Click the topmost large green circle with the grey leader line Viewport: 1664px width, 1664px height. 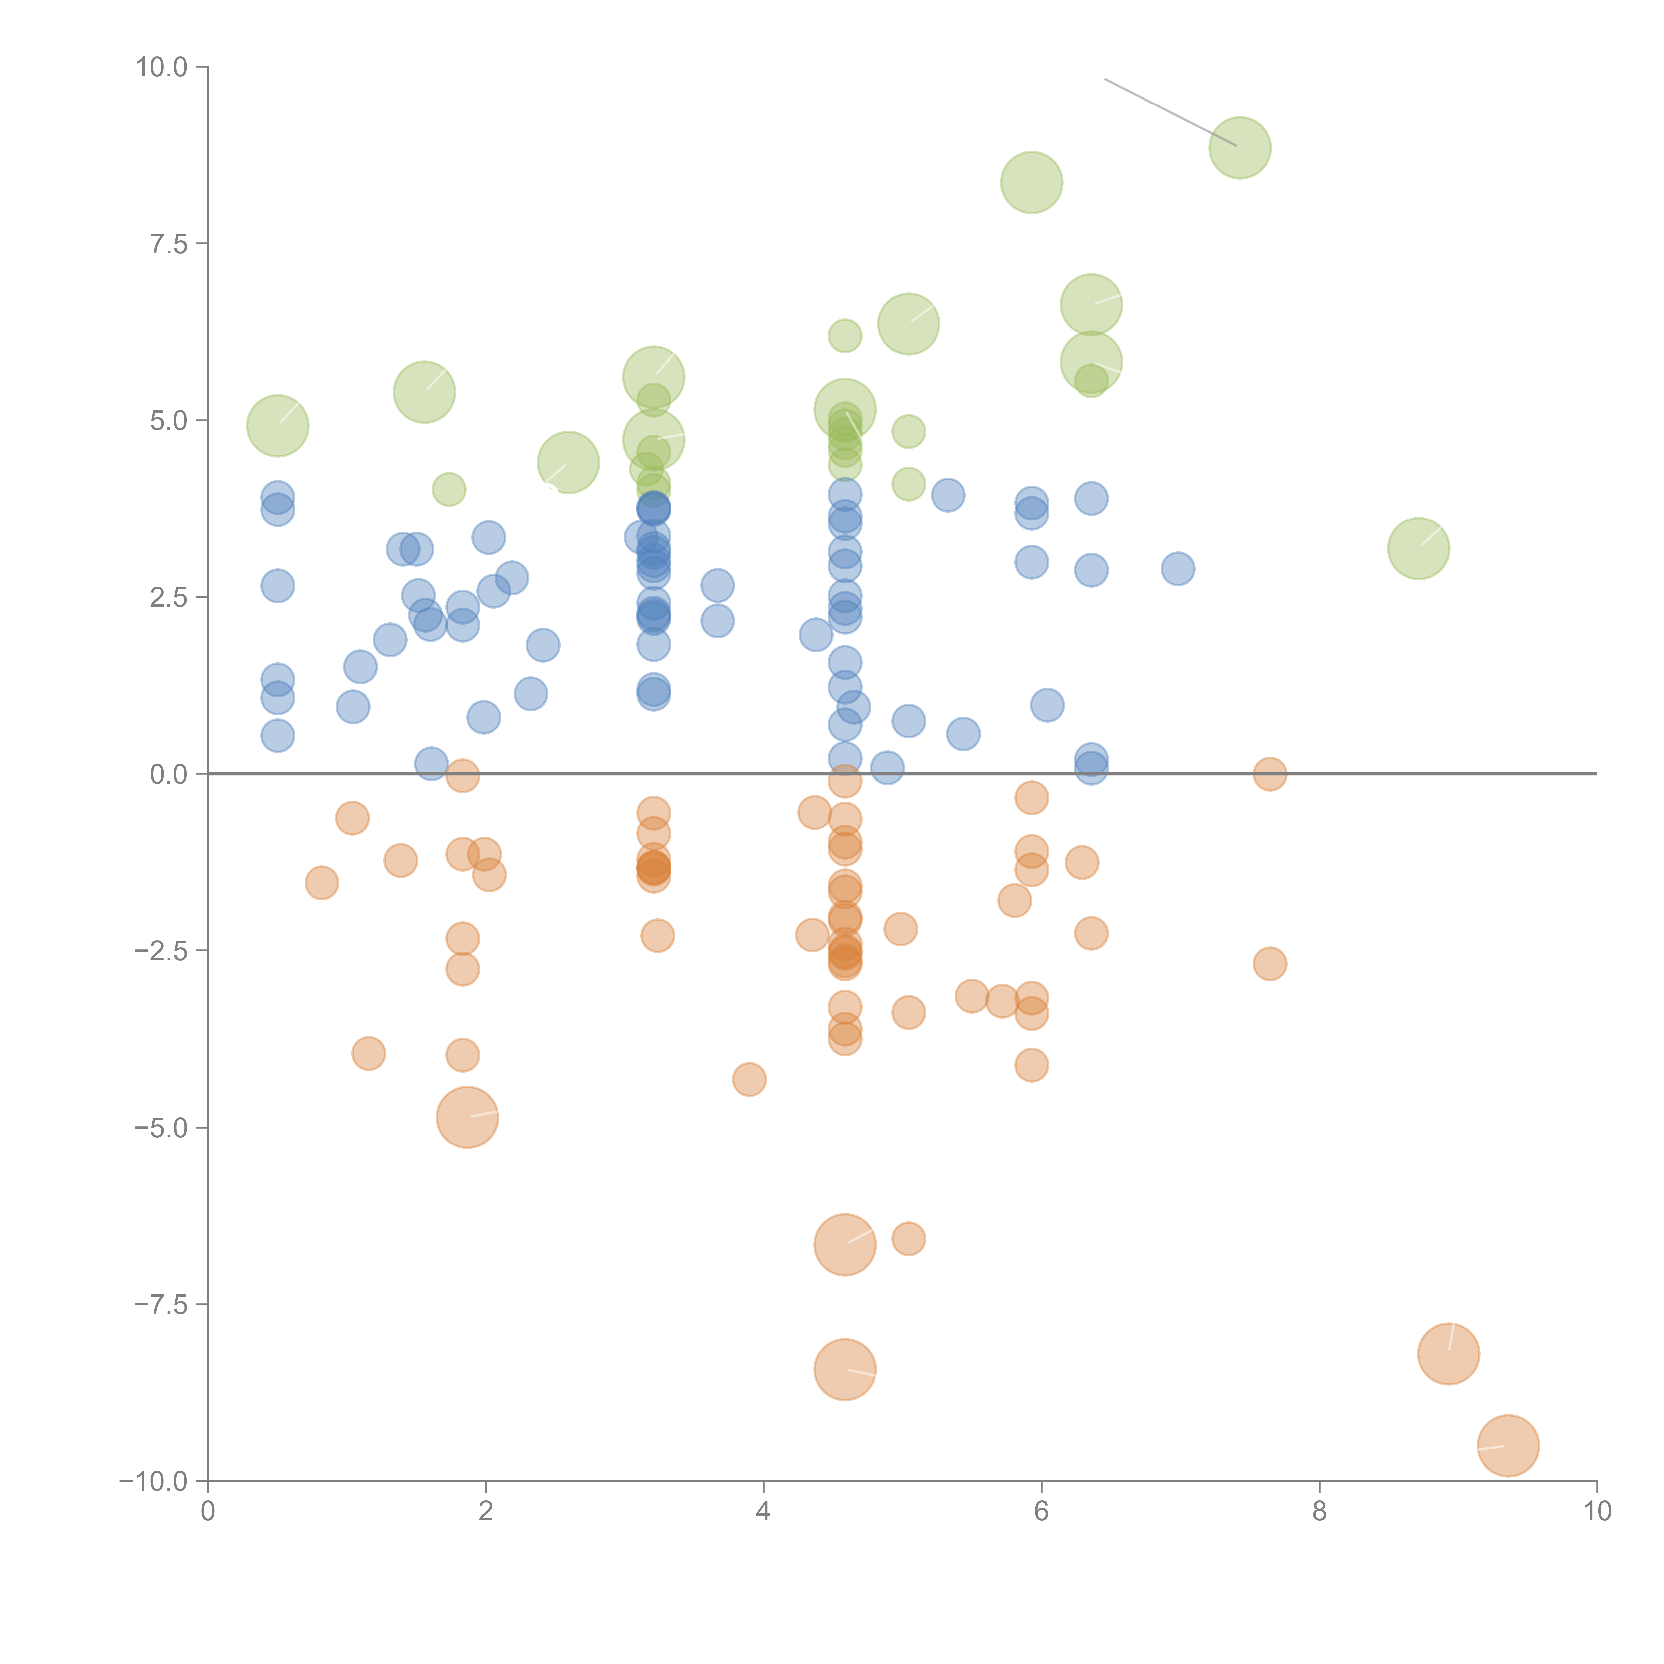tap(1239, 148)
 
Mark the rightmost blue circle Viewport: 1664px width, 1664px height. tap(1177, 568)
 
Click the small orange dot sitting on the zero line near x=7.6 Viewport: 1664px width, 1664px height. tap(1270, 774)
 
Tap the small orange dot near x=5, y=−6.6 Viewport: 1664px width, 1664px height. tap(908, 1239)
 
